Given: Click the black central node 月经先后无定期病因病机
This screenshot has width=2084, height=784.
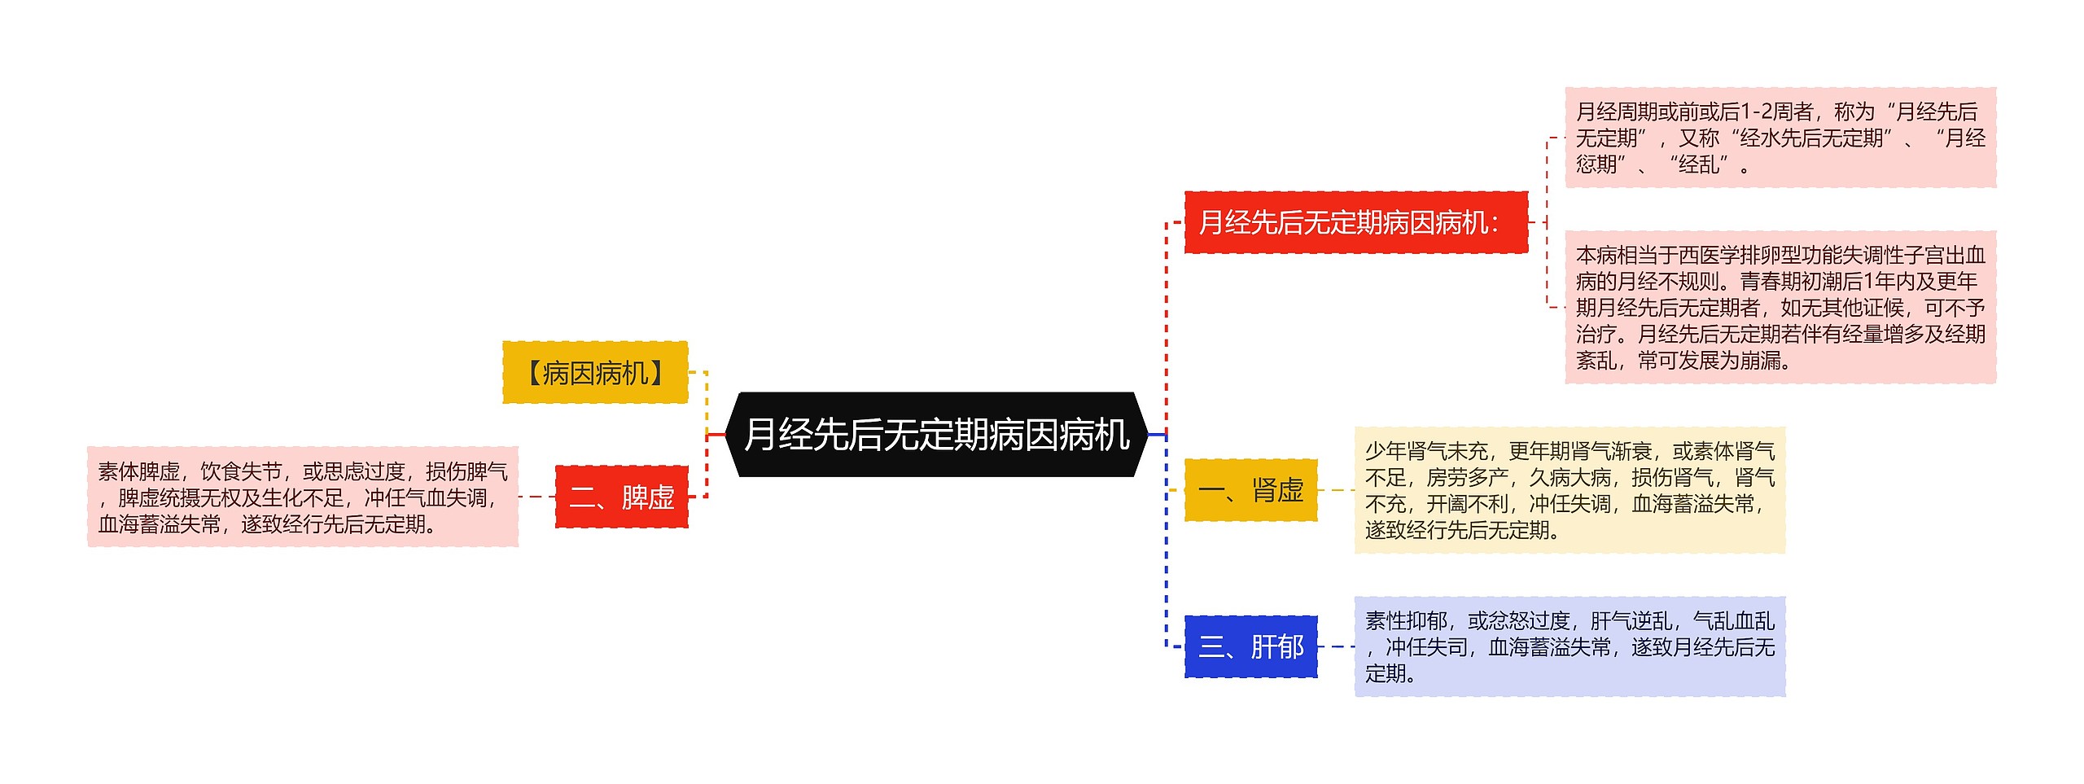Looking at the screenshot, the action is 936,435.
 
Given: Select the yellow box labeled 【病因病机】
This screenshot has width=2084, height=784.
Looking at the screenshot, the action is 595,373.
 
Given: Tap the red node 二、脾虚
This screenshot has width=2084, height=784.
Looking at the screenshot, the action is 622,497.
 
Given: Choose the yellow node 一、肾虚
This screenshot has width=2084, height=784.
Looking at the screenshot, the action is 1250,490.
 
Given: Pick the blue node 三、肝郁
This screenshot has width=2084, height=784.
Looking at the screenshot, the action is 1250,647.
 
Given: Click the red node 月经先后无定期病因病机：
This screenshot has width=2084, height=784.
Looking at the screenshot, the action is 1355,222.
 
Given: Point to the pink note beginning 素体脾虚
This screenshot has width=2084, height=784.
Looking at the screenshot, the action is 303,497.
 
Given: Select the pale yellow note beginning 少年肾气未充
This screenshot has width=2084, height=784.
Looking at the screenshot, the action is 1569,490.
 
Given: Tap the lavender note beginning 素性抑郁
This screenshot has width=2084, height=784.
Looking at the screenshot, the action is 1569,647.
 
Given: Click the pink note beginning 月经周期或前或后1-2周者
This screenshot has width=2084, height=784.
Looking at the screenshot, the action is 1780,138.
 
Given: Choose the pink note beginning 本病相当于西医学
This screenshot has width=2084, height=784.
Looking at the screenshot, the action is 1780,307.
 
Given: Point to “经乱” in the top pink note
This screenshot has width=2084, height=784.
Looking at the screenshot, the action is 1698,165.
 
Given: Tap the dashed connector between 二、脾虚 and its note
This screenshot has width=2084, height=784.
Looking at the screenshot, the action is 536,497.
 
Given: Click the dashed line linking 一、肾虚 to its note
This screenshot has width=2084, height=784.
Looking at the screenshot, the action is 1336,490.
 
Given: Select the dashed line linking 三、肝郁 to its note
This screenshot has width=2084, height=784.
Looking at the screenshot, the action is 1336,647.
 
